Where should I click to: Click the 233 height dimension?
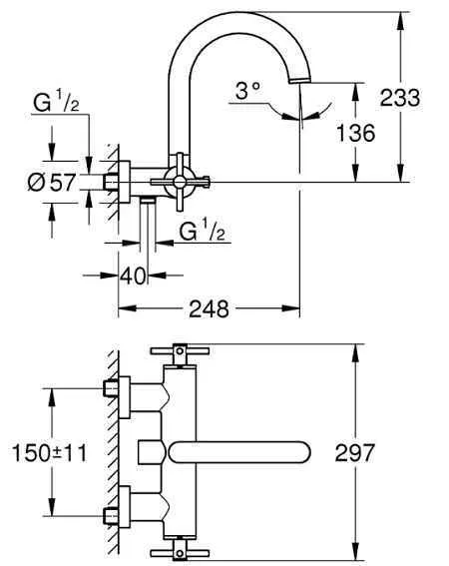[400, 98]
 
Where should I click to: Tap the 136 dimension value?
[355, 133]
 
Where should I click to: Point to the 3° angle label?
[247, 91]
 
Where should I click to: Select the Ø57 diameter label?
[52, 182]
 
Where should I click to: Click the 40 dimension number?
[133, 276]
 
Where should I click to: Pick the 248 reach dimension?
[209, 308]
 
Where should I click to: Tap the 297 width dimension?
[355, 452]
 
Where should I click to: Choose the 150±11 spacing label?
[50, 453]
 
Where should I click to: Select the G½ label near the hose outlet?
[203, 230]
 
